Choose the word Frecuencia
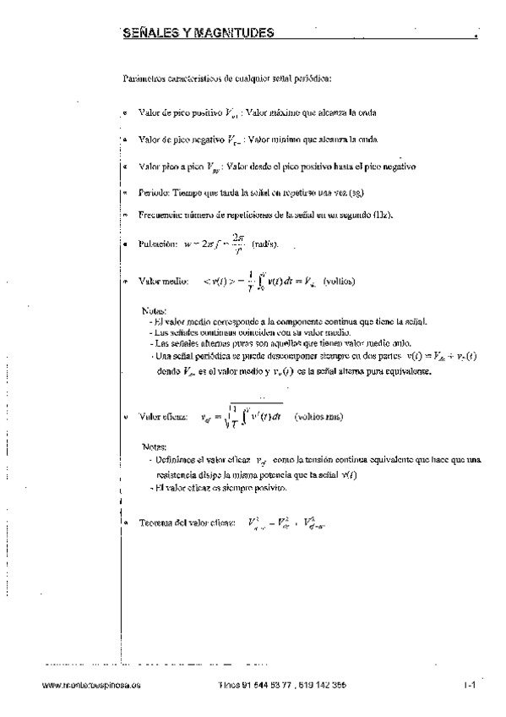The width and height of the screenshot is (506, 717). point(161,215)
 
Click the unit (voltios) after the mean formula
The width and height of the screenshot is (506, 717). point(339,280)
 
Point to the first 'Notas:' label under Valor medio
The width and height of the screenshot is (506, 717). point(155,309)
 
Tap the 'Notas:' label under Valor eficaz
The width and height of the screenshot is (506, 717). point(155,446)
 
